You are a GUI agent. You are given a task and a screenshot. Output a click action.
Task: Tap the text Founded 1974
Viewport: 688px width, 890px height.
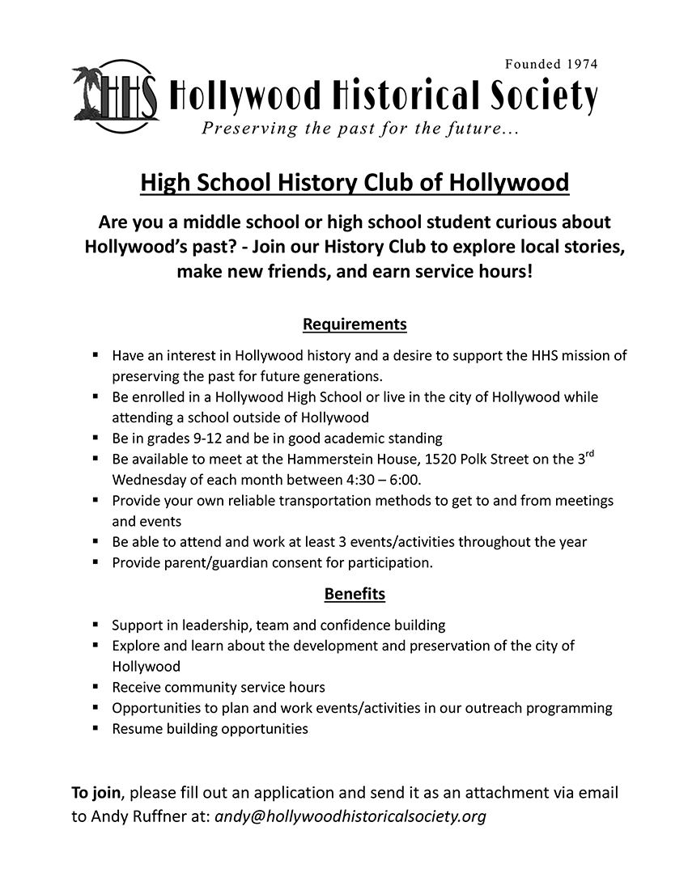pyautogui.click(x=551, y=64)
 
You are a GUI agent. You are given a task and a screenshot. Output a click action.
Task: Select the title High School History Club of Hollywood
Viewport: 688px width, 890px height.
pyautogui.click(x=355, y=182)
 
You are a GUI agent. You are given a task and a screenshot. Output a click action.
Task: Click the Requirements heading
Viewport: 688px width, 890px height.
pyautogui.click(x=355, y=324)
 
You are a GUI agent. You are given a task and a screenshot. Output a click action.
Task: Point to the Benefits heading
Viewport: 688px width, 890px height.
pyautogui.click(x=355, y=594)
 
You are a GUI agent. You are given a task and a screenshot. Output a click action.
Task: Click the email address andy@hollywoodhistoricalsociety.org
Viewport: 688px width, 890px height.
pyautogui.click(x=350, y=816)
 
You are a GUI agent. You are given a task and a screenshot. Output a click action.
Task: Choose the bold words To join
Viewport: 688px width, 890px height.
pyautogui.click(x=96, y=792)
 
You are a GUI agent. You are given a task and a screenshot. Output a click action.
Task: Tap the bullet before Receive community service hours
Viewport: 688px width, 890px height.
pyautogui.click(x=96, y=687)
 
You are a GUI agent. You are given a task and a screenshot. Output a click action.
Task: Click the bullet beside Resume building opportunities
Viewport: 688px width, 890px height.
pyautogui.click(x=96, y=728)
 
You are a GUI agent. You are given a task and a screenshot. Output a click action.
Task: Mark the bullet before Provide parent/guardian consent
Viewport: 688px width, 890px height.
pyautogui.click(x=96, y=562)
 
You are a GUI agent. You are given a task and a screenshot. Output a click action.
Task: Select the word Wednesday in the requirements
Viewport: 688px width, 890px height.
pyautogui.click(x=150, y=480)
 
